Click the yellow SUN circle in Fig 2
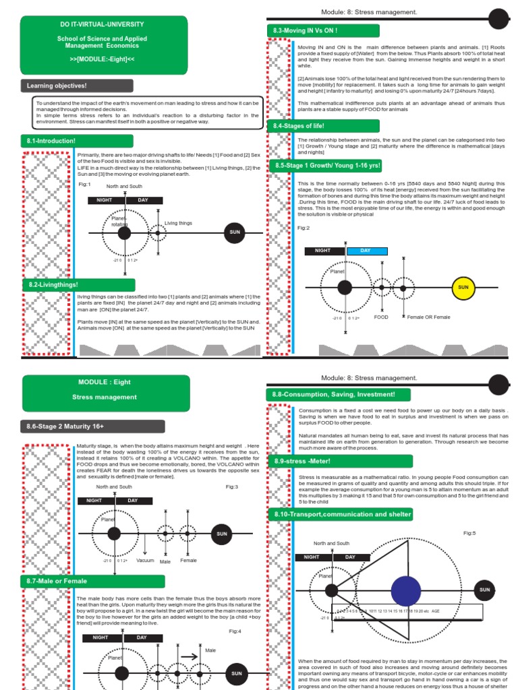tap(463, 287)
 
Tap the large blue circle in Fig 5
tap(406, 591)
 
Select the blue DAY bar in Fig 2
tap(367, 251)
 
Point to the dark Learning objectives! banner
tap(77, 86)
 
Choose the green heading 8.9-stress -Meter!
tap(324, 461)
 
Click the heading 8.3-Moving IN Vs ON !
tap(324, 31)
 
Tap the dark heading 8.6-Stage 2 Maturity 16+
tap(93, 426)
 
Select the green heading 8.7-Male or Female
tap(92, 581)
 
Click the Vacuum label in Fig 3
tap(145, 561)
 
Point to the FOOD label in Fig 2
tap(382, 317)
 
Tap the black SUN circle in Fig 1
tap(235, 233)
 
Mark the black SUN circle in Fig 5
tap(484, 590)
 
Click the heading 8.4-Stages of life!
tap(324, 126)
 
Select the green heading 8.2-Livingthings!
tap(78, 285)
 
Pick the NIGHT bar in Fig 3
tap(96, 500)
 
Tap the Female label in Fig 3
tap(188, 561)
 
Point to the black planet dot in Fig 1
tap(124, 233)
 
